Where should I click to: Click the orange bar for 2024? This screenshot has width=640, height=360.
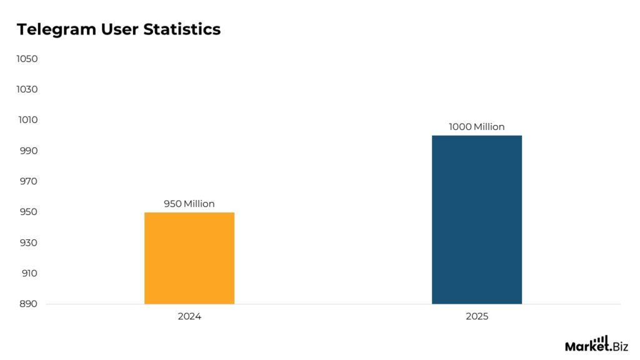189,258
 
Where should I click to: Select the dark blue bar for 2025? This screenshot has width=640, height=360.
477,219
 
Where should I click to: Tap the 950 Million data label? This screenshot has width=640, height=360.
189,204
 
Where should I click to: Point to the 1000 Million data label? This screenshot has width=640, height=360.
477,127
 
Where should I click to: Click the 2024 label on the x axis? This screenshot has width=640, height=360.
189,317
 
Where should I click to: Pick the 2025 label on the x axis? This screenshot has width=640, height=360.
477,317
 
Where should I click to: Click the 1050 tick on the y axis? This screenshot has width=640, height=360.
27,59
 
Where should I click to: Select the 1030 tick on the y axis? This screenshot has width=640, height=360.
27,89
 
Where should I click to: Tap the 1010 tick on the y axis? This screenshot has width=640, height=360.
27,120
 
